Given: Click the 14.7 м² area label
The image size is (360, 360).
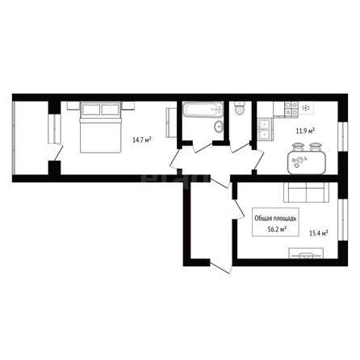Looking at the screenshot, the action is [x=142, y=140].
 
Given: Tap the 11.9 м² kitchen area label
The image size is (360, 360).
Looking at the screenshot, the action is [x=306, y=132].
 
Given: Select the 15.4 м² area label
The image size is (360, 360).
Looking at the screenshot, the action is [x=319, y=233].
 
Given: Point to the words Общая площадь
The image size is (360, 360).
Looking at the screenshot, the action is [x=275, y=218].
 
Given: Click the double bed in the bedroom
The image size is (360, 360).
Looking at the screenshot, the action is [x=100, y=128].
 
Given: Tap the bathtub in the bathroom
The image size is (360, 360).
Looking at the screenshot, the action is [x=203, y=109].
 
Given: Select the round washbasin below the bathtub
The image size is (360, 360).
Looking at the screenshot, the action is [x=219, y=126].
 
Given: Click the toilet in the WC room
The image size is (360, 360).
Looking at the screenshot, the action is [x=239, y=108].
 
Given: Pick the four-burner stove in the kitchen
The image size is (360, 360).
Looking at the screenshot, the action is [x=291, y=109].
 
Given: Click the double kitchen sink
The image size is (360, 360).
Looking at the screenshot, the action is [x=266, y=130].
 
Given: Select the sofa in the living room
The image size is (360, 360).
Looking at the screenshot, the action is [x=307, y=193].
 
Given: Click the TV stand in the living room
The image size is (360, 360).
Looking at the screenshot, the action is [x=307, y=253].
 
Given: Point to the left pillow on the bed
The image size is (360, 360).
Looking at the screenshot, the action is [x=91, y=110].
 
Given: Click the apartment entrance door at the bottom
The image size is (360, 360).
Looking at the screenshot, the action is [x=220, y=266].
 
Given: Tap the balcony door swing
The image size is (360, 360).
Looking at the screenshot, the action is [x=58, y=152].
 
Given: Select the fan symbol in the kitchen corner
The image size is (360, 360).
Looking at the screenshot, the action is [x=306, y=108].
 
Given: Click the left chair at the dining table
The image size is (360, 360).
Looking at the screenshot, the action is [x=297, y=148].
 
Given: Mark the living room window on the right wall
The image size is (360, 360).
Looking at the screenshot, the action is [x=343, y=220].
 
